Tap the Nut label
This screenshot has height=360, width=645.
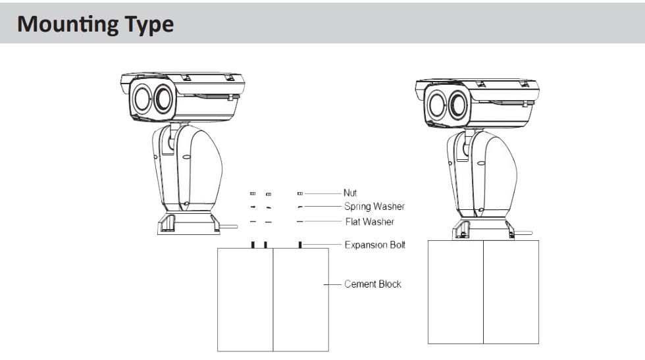(x=350, y=193)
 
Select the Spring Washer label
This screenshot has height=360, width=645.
(x=374, y=207)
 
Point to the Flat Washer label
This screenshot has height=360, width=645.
(x=370, y=222)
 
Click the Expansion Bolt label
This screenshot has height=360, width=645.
(x=374, y=245)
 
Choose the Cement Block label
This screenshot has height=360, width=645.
(x=373, y=284)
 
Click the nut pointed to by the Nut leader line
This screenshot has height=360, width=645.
(x=300, y=193)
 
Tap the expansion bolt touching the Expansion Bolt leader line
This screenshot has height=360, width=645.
(x=300, y=245)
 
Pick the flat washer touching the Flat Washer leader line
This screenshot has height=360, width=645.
(x=300, y=222)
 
